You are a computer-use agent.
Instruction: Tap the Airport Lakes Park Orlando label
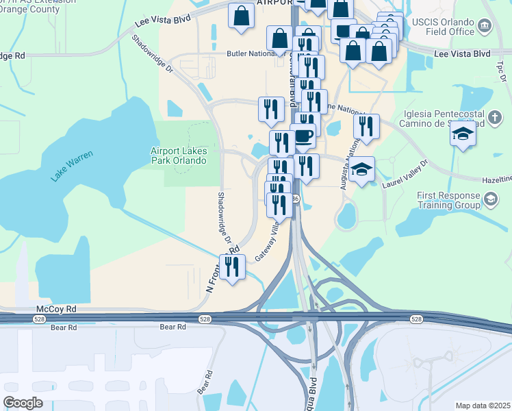click(178, 155)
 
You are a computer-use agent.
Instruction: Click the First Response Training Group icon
click(490, 199)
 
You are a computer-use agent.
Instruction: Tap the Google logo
click(23, 403)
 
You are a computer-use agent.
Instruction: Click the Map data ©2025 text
click(483, 406)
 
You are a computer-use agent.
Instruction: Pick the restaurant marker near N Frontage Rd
click(233, 266)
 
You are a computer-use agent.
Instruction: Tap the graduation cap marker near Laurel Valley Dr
click(361, 169)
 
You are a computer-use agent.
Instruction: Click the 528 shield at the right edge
click(416, 319)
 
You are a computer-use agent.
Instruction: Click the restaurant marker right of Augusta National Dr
click(367, 126)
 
